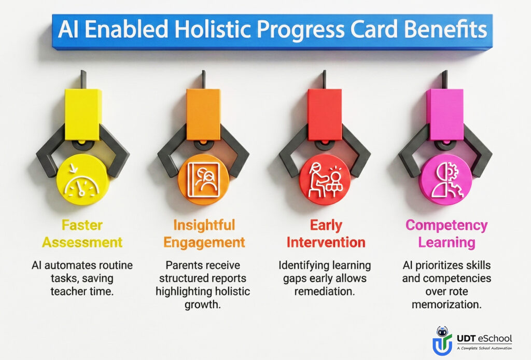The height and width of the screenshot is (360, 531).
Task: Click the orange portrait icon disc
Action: pos(203,179)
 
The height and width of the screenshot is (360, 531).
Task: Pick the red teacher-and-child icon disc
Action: pos(325,179)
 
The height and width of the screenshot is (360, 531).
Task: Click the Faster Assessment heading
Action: pos(82,233)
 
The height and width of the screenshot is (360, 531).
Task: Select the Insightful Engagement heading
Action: pos(204,233)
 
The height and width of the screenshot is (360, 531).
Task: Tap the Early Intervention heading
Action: pos(326,233)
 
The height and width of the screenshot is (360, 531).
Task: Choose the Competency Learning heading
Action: pos(446,233)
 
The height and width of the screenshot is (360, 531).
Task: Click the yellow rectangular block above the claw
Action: pos(83,115)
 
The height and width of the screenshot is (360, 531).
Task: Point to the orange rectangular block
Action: pos(203,115)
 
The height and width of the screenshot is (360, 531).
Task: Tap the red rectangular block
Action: pos(325,115)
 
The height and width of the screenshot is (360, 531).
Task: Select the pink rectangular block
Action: pos(445,115)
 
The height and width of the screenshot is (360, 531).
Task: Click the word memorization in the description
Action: pos(446,304)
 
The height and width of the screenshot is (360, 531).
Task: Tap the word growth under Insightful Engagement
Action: pos(203,304)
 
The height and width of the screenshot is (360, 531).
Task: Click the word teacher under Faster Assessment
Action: pos(68,291)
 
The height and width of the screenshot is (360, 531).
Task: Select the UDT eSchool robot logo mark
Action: pos(442,341)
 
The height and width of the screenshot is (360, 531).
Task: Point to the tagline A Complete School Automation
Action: pos(484,348)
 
